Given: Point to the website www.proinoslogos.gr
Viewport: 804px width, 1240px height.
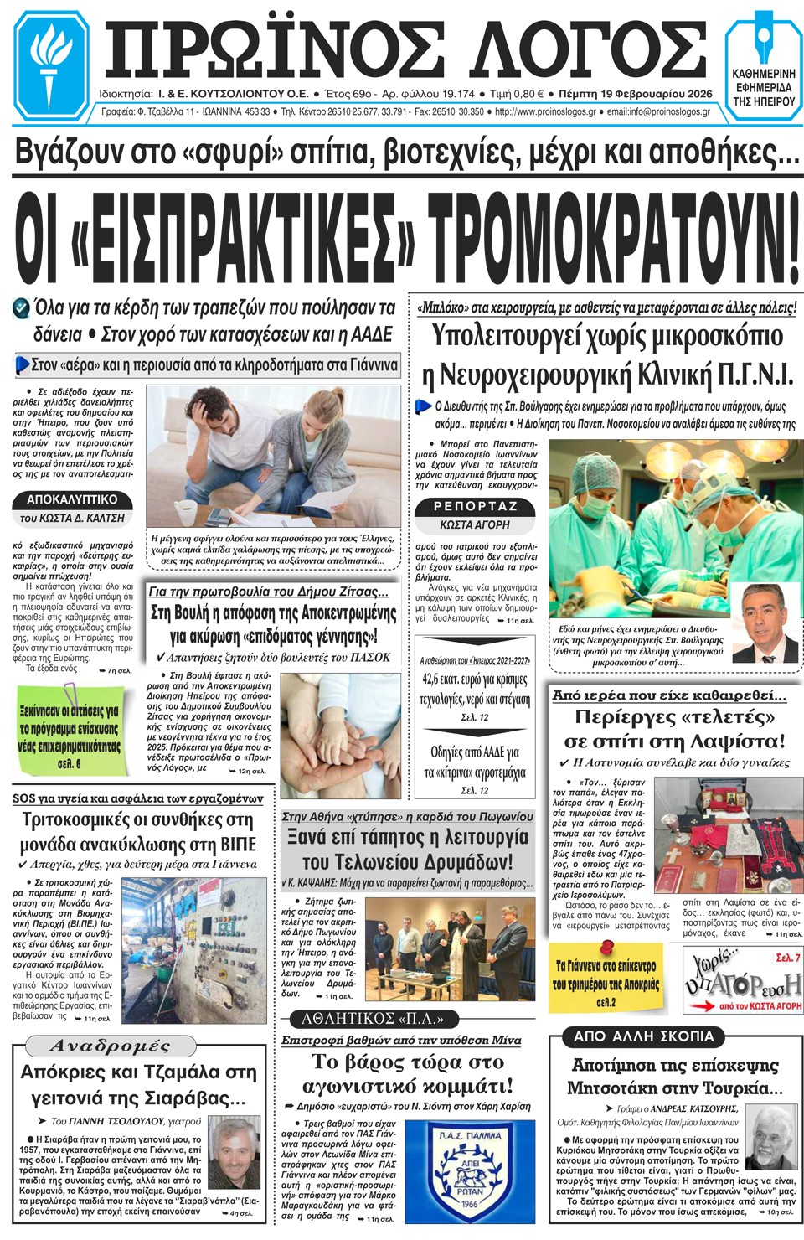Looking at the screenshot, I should pyautogui.click(x=545, y=111).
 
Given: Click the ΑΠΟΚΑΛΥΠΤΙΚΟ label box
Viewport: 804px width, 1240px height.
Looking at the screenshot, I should pyautogui.click(x=73, y=500).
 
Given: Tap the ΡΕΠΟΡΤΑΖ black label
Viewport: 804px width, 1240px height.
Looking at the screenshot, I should pyautogui.click(x=476, y=506).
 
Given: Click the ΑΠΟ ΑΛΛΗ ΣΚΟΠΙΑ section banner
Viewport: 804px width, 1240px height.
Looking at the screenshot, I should pyautogui.click(x=643, y=1036).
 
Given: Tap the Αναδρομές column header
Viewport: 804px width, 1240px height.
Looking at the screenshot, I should pyautogui.click(x=110, y=1046).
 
